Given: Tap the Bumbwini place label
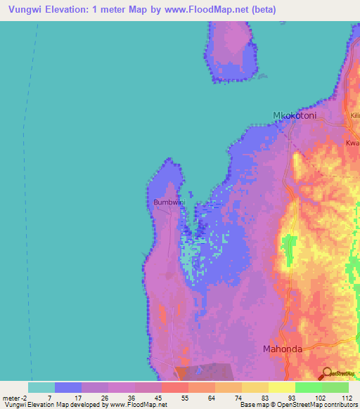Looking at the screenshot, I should click(169, 202).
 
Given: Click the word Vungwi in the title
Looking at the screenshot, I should click(27, 10).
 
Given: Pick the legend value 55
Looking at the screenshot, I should click(174, 398).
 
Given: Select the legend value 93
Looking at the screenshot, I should click(281, 398).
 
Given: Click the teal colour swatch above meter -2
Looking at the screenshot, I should click(41, 387).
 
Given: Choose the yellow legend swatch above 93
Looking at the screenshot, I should click(281, 387).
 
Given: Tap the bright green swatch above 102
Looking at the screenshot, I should click(308, 387).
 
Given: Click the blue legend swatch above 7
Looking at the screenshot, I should click(68, 387).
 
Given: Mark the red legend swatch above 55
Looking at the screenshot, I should click(174, 387).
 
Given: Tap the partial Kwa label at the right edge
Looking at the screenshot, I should click(352, 143).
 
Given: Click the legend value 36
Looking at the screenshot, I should click(121, 398).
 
